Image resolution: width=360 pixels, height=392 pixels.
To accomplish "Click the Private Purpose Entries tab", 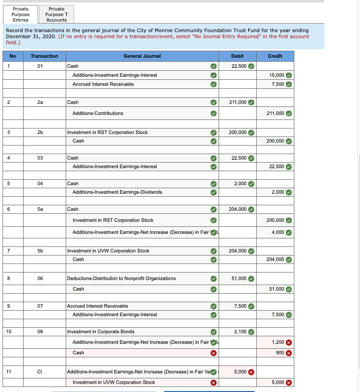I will point(21,15).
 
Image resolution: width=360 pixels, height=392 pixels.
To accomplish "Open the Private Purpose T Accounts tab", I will point(56,15).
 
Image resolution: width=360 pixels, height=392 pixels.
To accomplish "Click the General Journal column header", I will point(142,56).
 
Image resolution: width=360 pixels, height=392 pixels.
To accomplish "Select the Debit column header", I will point(237,56).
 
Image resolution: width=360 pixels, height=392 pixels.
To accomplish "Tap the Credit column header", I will point(275,56).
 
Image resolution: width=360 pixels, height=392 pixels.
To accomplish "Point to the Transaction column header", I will point(44,56).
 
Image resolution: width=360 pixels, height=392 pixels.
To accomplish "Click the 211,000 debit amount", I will point(238,102).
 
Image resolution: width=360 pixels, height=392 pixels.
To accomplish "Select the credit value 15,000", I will point(276,75).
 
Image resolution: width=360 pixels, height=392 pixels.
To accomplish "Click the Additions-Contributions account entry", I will point(98,113).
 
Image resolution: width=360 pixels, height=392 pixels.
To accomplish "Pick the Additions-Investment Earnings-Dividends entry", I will point(117,192).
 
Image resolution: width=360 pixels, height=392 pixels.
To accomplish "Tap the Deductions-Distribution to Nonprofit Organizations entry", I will point(121,279).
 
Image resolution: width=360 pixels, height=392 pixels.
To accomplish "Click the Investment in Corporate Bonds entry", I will point(100,332).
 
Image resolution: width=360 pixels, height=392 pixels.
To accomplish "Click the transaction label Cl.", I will point(40,372).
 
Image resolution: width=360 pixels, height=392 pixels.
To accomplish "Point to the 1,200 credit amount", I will point(278,342).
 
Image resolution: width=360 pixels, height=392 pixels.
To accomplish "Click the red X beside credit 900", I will point(289,353).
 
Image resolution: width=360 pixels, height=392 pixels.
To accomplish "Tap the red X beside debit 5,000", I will point(251,372).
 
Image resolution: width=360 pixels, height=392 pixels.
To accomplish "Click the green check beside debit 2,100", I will point(251,332).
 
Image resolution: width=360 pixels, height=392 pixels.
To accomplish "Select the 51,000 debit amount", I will point(239,279).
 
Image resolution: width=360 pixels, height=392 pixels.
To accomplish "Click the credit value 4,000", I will point(278,232).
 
